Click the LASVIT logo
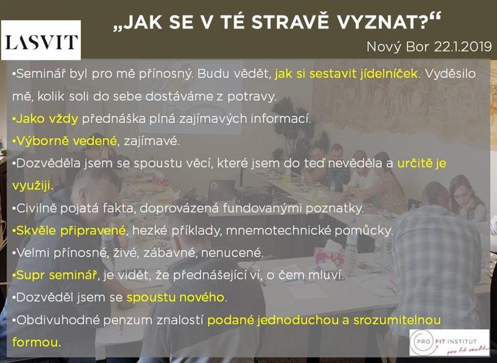point(41,40)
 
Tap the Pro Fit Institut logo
point(449,342)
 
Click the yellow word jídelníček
point(388,74)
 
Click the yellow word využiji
point(32,186)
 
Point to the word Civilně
point(36,208)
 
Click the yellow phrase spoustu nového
point(175,298)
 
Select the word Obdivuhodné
point(58,320)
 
